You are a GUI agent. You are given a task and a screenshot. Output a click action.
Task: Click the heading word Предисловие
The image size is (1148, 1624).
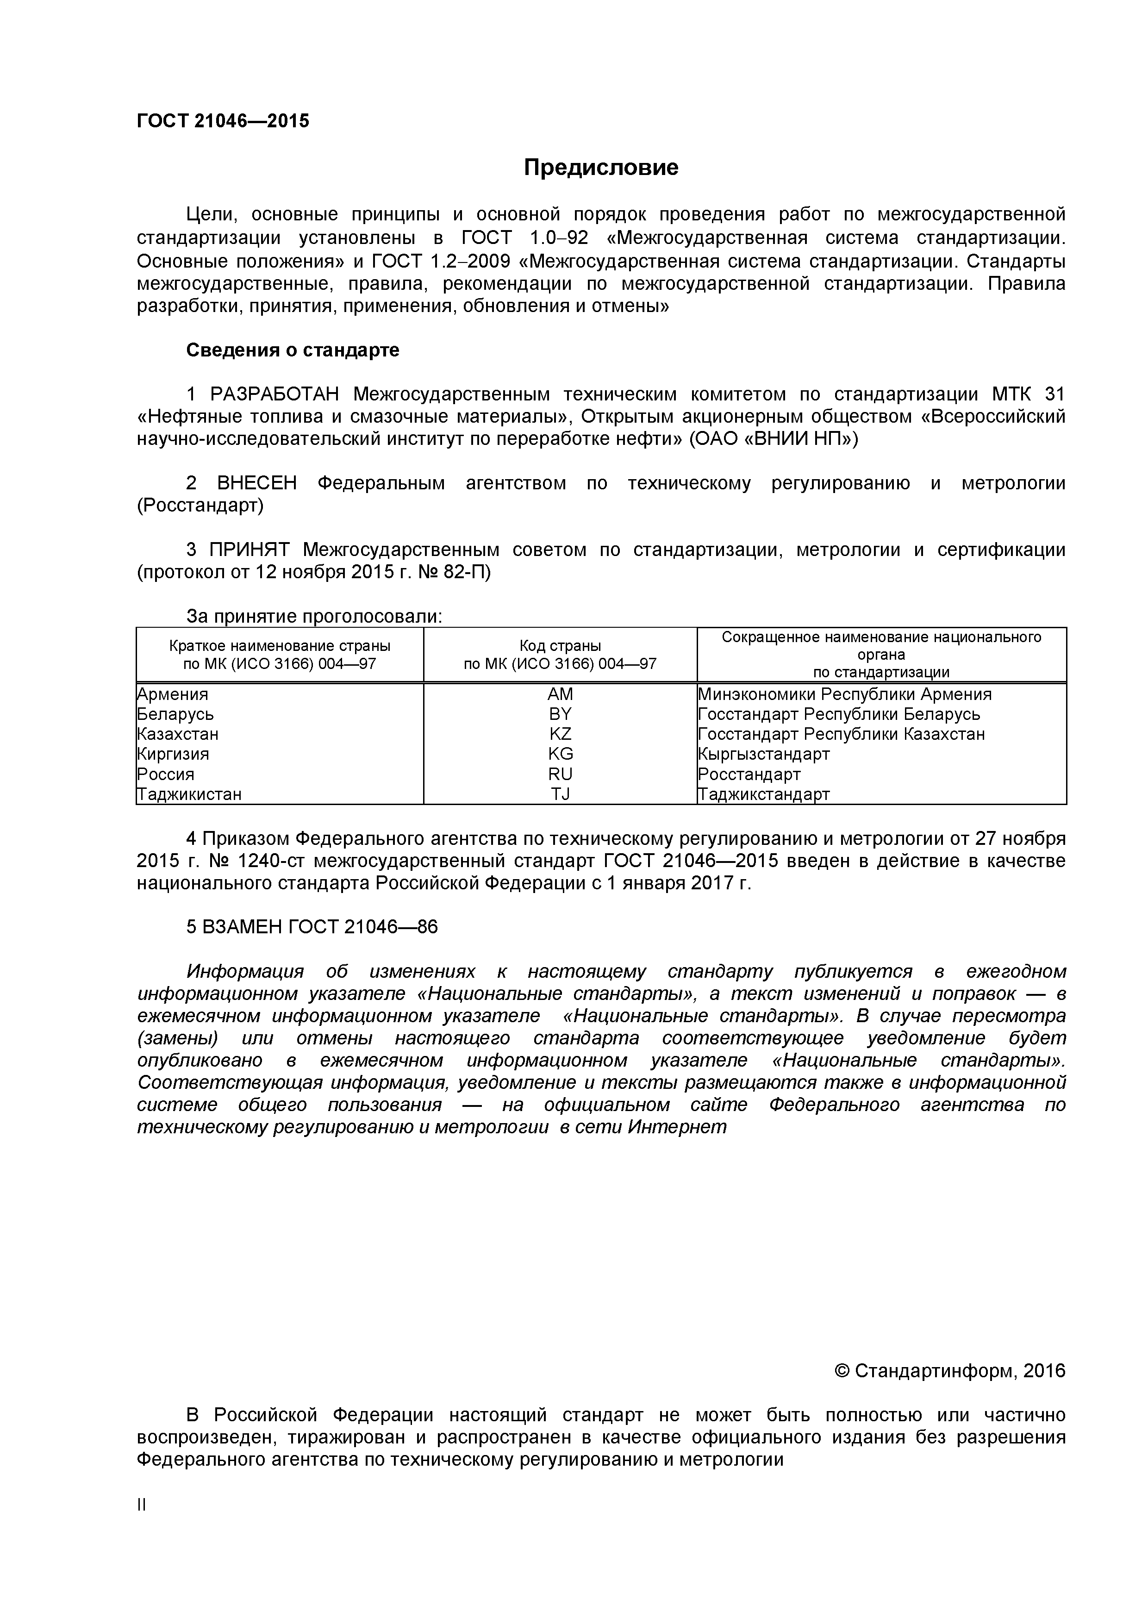point(600,168)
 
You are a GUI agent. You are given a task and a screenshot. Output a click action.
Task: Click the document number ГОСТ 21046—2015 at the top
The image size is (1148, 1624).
point(223,121)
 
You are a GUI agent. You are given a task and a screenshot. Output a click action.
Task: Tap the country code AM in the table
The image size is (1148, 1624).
point(560,694)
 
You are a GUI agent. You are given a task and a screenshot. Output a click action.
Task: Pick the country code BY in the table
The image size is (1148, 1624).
point(560,714)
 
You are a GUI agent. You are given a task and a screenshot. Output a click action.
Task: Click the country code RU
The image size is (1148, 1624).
point(560,774)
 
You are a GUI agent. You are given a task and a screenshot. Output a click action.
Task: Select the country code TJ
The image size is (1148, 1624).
point(560,793)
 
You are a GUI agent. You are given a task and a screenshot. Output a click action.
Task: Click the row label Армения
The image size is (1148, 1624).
point(173,694)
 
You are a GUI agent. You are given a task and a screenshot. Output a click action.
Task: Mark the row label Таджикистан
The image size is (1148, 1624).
point(190,793)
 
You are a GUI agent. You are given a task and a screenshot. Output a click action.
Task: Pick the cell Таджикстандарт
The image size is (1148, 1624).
point(764,793)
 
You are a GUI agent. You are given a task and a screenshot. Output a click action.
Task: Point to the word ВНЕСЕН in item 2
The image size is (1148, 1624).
point(257,483)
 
